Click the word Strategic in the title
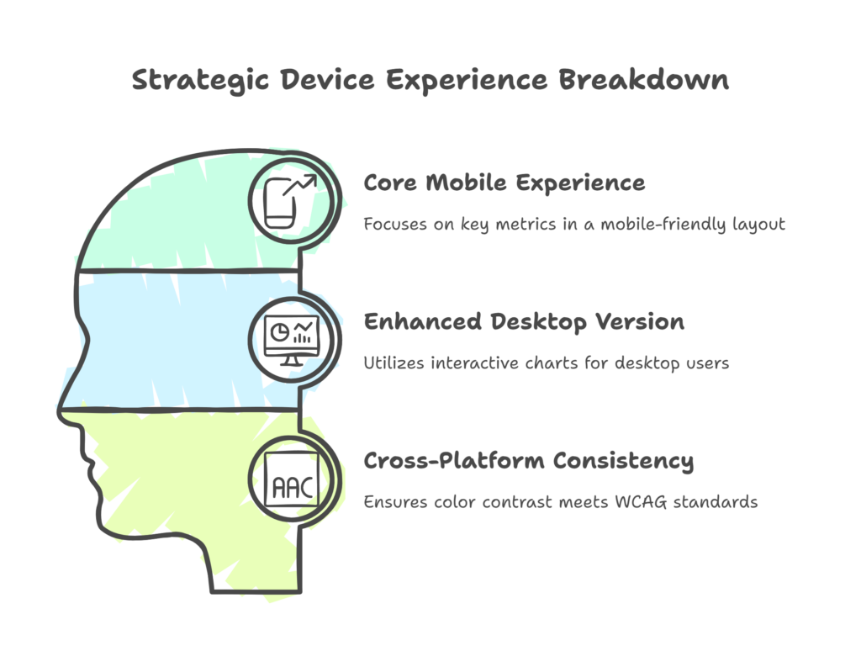[200, 81]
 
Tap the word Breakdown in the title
[644, 79]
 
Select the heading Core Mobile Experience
[504, 183]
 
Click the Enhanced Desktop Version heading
[524, 322]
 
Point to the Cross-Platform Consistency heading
[528, 461]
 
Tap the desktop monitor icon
[291, 341]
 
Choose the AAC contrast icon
[292, 479]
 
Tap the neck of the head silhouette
[256, 566]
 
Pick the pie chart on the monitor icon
[280, 332]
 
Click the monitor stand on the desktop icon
[292, 361]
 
